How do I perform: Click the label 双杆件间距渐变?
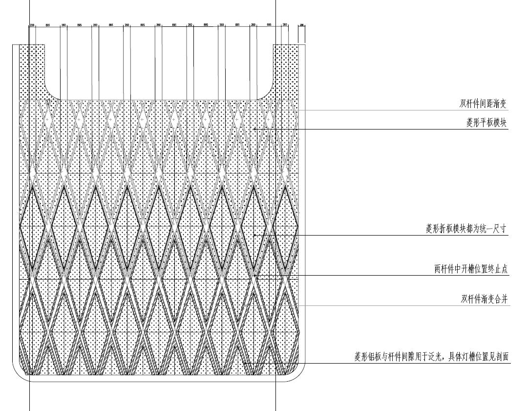click(x=484, y=104)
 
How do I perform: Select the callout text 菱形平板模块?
click(x=486, y=123)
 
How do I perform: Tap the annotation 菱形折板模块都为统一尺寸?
click(x=467, y=229)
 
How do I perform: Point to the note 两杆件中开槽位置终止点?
click(x=471, y=269)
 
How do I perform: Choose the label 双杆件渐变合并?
click(x=485, y=299)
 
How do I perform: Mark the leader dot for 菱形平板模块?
click(x=255, y=129)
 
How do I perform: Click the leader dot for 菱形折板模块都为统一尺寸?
click(x=255, y=235)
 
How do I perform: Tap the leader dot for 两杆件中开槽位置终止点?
click(x=255, y=275)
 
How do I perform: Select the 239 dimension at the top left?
click(x=32, y=24)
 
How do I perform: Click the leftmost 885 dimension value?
click(x=47, y=24)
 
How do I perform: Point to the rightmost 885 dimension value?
click(x=269, y=24)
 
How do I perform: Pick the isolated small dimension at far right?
click(x=301, y=24)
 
